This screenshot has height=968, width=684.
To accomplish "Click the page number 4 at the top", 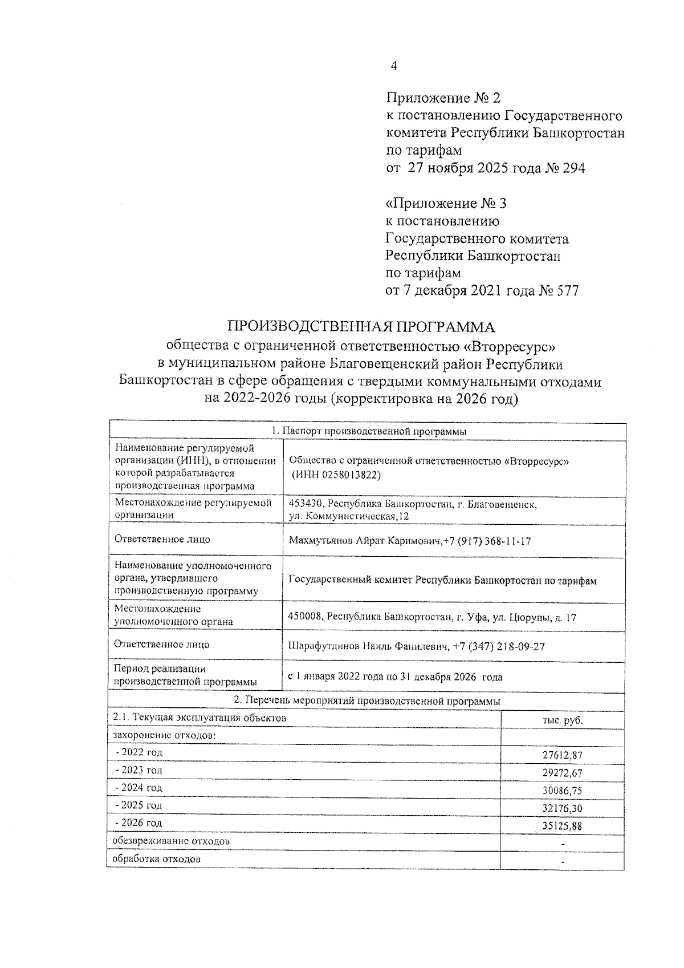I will pos(393,66).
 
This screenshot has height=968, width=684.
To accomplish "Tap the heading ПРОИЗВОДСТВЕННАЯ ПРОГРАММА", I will pos(361,327).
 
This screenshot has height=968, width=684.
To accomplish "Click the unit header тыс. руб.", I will pos(563,720).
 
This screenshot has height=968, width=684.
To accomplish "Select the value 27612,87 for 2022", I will pos(563,756).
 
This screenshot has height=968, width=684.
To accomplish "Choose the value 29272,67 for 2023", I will pos(563,773).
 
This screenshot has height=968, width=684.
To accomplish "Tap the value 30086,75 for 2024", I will pos(563,791).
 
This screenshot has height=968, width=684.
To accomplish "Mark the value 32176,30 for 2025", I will pos(563,809).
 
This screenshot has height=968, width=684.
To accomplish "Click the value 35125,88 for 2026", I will pos(563,827).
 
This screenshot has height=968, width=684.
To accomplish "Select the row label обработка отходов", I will pos(157,859).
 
